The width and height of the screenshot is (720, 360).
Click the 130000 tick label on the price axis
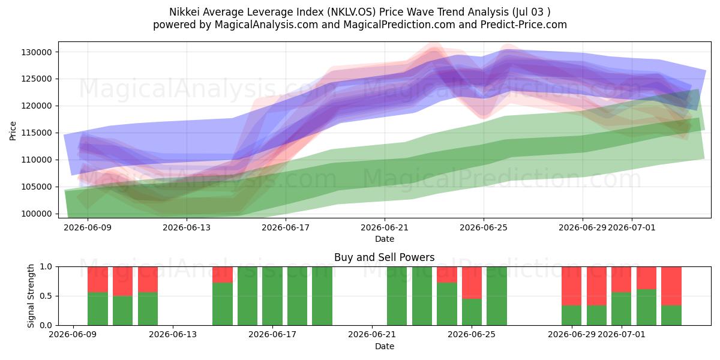(37, 52)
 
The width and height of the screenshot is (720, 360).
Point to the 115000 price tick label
(37, 133)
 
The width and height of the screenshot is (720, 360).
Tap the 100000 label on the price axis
(37, 214)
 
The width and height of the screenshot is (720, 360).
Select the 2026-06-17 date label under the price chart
(286, 227)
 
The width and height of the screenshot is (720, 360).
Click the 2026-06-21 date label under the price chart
(385, 227)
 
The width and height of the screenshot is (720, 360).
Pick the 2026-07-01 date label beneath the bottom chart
(622, 334)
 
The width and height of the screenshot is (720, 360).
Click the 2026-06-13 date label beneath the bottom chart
(173, 334)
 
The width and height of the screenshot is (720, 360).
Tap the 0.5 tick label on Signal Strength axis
(46, 296)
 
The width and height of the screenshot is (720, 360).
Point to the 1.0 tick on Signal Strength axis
(46, 266)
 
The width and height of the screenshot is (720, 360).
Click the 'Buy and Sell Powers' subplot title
(385, 257)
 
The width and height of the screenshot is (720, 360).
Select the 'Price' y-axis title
(13, 131)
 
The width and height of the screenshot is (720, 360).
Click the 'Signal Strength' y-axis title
(31, 296)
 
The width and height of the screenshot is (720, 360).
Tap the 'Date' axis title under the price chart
(385, 239)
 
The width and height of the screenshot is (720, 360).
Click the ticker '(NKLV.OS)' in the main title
(352, 12)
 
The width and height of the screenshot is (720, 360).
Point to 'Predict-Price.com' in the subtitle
(524, 25)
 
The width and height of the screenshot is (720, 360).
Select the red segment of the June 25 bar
(472, 283)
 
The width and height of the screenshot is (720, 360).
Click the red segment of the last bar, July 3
(671, 286)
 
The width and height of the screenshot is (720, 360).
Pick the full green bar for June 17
(272, 296)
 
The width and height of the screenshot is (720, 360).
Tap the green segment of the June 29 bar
(571, 316)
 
